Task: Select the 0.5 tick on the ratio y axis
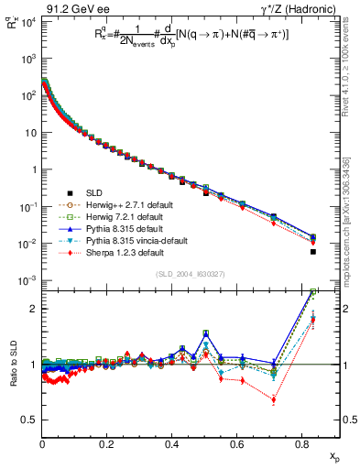tap(29, 420)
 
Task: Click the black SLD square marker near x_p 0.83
tap(313, 252)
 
